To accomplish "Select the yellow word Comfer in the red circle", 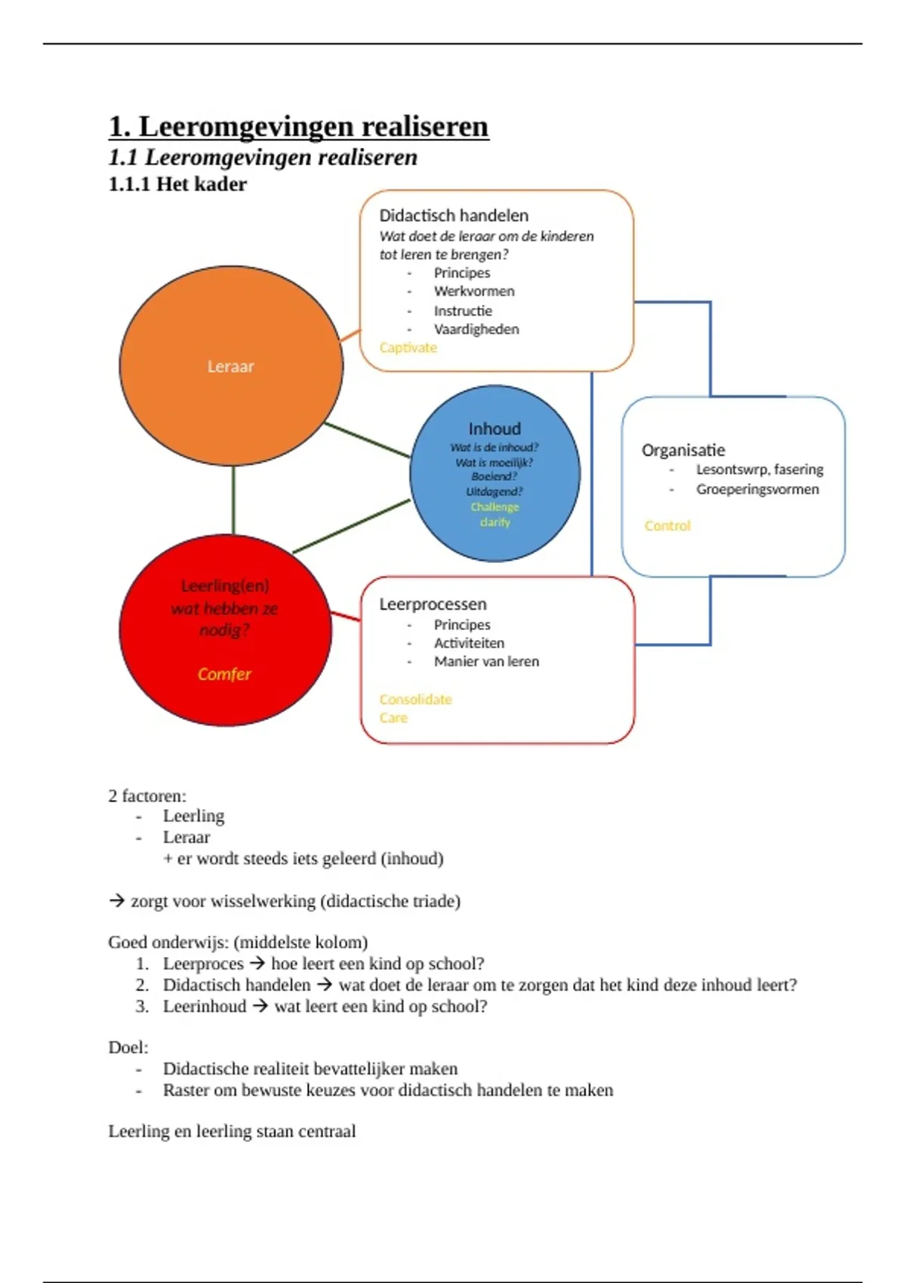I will coord(224,674).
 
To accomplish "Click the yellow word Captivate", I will coord(408,348).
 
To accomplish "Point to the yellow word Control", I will coord(667,526).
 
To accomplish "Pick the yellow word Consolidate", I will coord(415,700).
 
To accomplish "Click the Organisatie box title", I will coord(683,451).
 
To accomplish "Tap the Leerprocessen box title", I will coord(433,605).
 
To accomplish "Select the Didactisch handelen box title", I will coord(453,216).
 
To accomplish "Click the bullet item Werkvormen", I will coord(474,291).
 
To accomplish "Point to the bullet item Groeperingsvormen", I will coord(757,489).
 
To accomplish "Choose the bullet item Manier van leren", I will coord(486,662).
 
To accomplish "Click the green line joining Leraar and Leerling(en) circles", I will coord(233,500).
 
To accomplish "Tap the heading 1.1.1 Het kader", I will coord(177,184).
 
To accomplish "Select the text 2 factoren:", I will coord(147,796).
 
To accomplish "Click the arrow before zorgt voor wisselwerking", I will coord(116,901).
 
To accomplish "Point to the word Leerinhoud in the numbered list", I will coord(205,1007).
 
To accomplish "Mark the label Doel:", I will coord(128,1048).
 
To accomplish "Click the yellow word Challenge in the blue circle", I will coord(495,507).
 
